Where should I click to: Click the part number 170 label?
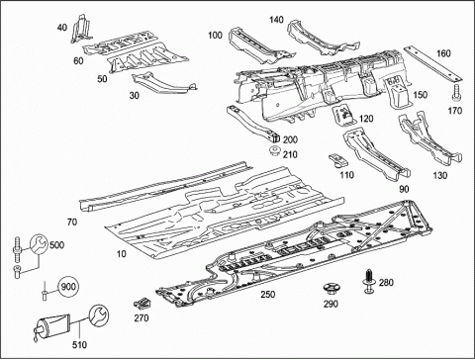(x=455, y=111)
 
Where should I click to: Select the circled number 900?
(x=68, y=287)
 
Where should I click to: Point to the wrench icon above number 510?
(x=99, y=315)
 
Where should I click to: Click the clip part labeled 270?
(x=143, y=303)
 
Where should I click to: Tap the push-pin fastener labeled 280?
(x=369, y=281)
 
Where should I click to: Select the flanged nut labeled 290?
(x=331, y=289)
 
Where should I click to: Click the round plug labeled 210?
(x=273, y=152)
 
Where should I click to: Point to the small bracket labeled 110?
(x=338, y=160)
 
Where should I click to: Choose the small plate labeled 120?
(x=343, y=116)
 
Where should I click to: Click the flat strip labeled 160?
(x=432, y=64)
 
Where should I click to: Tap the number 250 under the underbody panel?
(x=268, y=294)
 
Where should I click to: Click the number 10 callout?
(x=122, y=254)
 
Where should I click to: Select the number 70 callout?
(x=72, y=223)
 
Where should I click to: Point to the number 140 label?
(x=276, y=20)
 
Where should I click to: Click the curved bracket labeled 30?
(x=164, y=83)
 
